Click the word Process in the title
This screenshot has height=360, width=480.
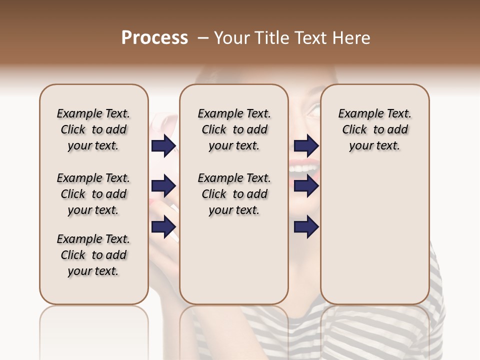point(154,38)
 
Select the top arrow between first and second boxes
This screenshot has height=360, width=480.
point(164,146)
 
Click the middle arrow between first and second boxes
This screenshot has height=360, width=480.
point(164,186)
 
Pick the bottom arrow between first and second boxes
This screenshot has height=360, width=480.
point(164,226)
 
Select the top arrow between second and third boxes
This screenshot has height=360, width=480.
point(306,146)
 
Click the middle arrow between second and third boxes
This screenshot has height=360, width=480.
point(306,186)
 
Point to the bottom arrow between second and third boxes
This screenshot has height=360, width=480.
point(306,226)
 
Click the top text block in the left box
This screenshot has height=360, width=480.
point(93,129)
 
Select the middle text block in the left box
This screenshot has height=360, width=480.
point(93,194)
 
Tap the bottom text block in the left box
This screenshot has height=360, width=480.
point(93,255)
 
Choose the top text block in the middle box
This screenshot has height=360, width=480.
point(234,129)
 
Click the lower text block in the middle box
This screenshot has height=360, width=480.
point(234,194)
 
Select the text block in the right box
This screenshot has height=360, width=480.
point(374,129)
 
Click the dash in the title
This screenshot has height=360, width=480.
point(203,38)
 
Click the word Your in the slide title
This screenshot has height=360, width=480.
point(231,38)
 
